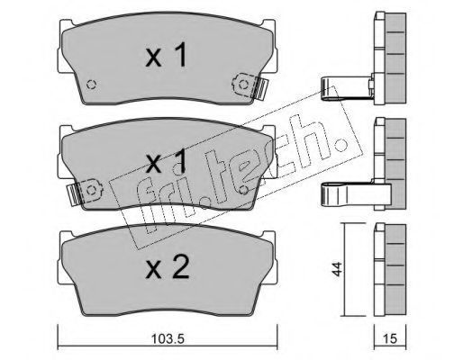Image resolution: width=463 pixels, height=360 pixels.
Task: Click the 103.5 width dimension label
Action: (x=168, y=339)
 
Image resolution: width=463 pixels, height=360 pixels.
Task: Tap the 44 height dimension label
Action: (x=337, y=269)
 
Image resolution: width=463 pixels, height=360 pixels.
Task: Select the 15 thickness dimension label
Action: (x=390, y=338)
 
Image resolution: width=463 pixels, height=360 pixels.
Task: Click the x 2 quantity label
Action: (x=168, y=266)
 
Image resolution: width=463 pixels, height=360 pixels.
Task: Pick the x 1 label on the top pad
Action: (x=166, y=54)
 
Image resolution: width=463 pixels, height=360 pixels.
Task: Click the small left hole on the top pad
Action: (x=91, y=85)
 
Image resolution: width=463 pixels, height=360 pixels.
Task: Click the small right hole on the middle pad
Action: (x=244, y=190)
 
